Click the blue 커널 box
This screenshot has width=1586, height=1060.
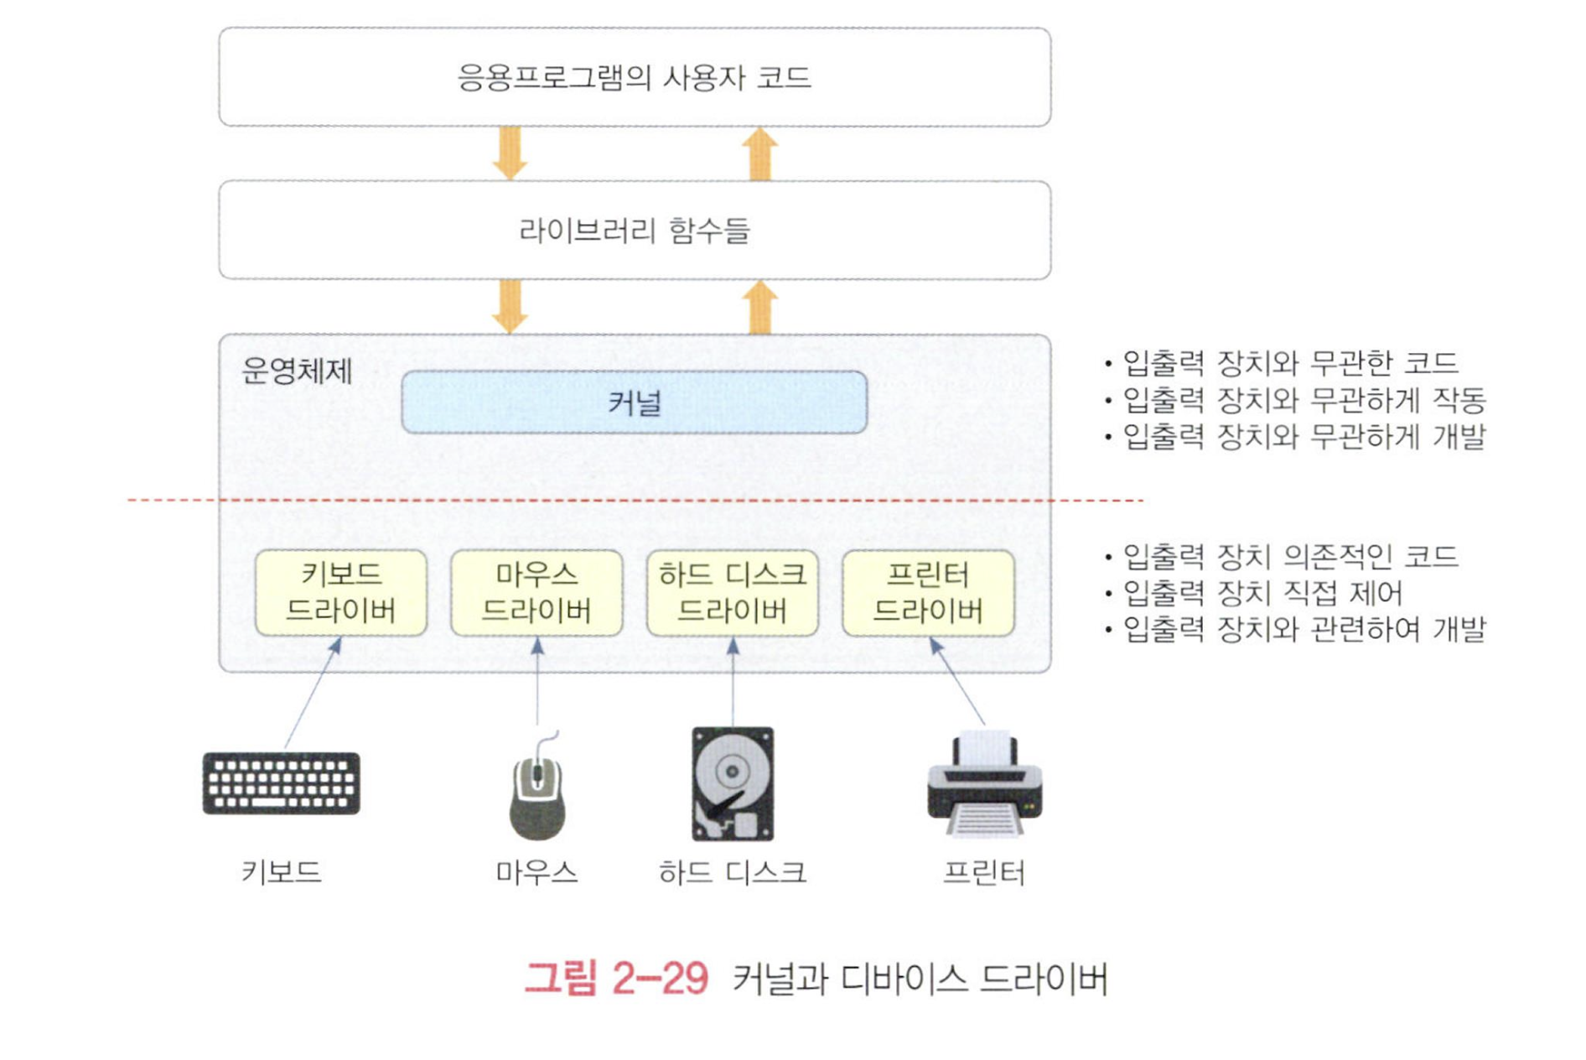[x=634, y=403]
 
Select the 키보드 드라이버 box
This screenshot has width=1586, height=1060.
[x=340, y=592]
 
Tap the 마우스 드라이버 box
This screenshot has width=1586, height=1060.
[x=536, y=592]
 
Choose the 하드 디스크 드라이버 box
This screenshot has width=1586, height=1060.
[x=732, y=592]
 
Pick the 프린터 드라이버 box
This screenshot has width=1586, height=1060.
[x=928, y=592]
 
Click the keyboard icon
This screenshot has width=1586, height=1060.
[x=282, y=783]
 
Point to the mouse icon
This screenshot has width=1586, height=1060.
[x=537, y=797]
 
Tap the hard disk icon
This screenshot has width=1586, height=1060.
[x=732, y=783]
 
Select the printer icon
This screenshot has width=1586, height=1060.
[x=984, y=785]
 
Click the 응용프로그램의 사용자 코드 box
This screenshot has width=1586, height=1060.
[x=635, y=77]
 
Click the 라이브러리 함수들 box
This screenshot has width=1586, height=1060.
[x=635, y=230]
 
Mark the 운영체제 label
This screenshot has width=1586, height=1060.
[x=296, y=371]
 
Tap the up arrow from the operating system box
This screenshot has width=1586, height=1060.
[x=759, y=308]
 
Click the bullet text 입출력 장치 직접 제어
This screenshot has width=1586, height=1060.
[x=1262, y=593]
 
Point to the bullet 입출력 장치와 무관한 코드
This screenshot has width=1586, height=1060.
[x=1289, y=363]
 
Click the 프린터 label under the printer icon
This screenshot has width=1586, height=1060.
[x=984, y=873]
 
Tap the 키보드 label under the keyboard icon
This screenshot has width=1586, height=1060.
[x=282, y=872]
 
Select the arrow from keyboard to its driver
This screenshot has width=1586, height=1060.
[x=312, y=693]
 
